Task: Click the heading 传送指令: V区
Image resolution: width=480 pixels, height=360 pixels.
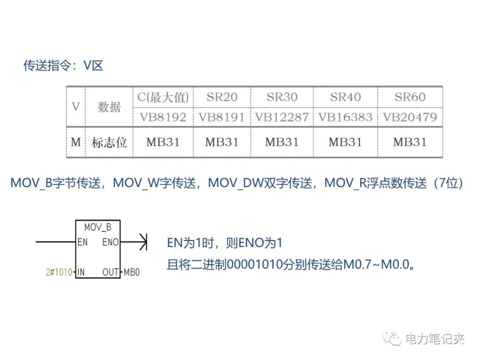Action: (63, 66)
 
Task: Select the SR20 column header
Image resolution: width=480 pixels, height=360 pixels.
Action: (222, 97)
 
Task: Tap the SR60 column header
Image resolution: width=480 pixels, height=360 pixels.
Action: (410, 97)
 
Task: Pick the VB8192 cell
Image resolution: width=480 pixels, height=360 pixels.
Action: (163, 117)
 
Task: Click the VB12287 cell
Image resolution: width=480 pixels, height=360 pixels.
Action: (282, 117)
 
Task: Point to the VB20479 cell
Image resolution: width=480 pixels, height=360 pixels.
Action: (410, 117)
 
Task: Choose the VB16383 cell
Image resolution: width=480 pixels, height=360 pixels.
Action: (345, 117)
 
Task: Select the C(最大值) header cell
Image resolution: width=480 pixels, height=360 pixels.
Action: (163, 97)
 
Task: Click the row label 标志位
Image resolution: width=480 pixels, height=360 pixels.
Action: (109, 143)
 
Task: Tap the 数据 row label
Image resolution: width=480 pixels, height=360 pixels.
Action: (109, 107)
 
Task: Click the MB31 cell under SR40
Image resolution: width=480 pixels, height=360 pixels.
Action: (345, 143)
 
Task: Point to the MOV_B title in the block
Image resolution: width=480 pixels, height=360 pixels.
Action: (98, 228)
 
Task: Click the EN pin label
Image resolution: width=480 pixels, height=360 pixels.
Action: (83, 243)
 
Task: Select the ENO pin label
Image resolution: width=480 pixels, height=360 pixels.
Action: (111, 243)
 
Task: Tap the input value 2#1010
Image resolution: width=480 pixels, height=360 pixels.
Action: (59, 272)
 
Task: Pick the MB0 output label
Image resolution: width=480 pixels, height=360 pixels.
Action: (132, 272)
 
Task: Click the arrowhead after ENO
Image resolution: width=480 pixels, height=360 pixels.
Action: (143, 243)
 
